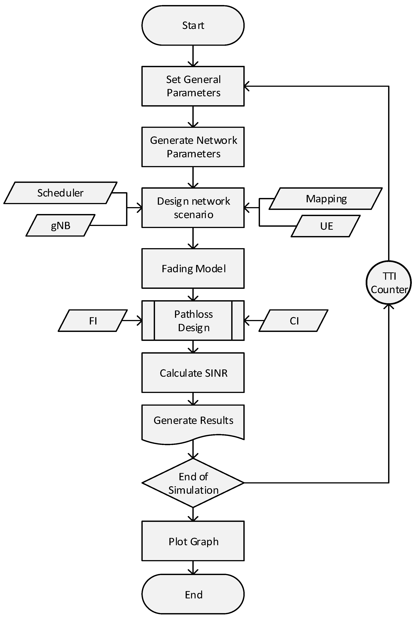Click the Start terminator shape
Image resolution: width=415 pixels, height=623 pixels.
pos(193,25)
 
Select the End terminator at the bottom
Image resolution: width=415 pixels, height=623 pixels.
pos(193,594)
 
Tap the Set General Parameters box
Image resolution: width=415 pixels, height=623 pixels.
pos(193,86)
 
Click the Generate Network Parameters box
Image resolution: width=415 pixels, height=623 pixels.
pos(193,147)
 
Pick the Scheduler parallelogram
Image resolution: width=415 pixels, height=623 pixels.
pos(60,193)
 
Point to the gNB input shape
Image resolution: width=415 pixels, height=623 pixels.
pos(60,225)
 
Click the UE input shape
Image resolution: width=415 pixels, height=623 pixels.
pos(326,226)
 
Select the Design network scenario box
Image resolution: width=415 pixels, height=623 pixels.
pos(193,208)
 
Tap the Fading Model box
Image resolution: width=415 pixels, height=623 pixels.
pos(193,268)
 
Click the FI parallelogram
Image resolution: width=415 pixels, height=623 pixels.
pos(93,321)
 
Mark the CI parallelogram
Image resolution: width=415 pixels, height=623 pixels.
pos(294,321)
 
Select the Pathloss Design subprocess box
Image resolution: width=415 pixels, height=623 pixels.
pos(193,321)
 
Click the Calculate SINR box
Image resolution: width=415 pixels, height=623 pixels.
pos(193,373)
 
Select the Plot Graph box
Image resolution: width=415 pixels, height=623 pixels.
pos(193,541)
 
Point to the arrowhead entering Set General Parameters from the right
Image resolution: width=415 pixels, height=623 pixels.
pos(246,86)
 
